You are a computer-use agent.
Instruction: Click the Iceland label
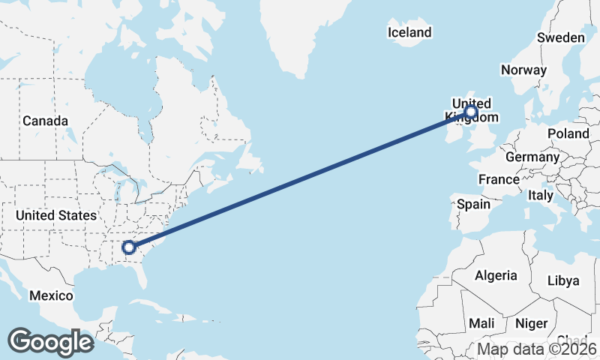(409, 32)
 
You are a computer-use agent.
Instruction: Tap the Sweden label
(561, 37)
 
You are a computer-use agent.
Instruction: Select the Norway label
(523, 70)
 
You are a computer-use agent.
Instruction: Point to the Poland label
(568, 133)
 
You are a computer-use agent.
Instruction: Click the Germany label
(532, 157)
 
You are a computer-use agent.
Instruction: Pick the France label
(499, 179)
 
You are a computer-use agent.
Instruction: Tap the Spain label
(473, 204)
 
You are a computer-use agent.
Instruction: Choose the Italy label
(541, 195)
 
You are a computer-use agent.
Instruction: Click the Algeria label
(495, 275)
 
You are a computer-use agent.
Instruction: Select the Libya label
(563, 280)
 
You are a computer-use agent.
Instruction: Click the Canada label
(45, 121)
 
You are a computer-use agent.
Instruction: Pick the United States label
(56, 215)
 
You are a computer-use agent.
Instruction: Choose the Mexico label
(51, 295)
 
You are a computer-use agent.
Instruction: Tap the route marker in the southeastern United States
(129, 247)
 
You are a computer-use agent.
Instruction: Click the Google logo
(50, 342)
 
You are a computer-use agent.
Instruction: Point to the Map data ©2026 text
(537, 349)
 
